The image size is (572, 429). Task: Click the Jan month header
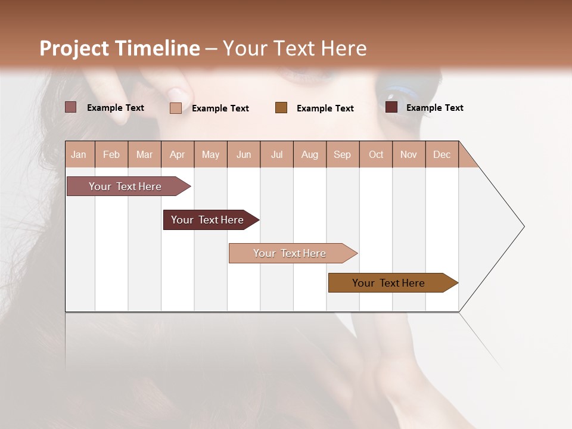click(79, 154)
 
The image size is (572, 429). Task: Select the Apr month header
click(178, 154)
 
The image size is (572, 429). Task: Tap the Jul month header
click(276, 154)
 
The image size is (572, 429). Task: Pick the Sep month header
click(342, 154)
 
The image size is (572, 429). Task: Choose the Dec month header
click(442, 154)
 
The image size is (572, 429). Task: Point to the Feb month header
click(111, 154)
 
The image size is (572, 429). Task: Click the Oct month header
click(376, 154)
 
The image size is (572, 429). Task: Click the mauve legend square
click(70, 107)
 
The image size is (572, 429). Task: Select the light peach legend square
click(175, 108)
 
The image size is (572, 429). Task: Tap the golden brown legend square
click(281, 107)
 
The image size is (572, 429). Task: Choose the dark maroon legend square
click(391, 107)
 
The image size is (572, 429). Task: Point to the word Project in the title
click(74, 48)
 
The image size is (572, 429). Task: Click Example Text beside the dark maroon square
click(434, 108)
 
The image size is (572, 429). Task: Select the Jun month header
click(244, 154)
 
